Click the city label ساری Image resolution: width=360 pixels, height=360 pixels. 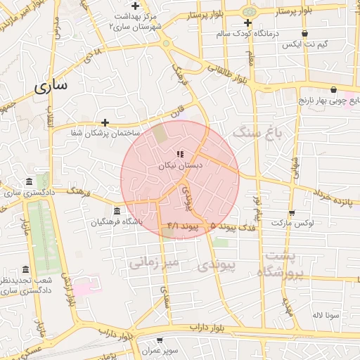coord(51,86)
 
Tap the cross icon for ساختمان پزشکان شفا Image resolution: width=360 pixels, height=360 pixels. coord(105,122)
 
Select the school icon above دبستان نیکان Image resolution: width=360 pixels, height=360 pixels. coord(180,154)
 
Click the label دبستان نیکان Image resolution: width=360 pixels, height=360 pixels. coord(179,165)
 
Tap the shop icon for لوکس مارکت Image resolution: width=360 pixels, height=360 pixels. coord(292,213)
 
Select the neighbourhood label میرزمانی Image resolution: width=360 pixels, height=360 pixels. coord(155,262)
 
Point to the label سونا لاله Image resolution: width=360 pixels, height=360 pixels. coord(327,315)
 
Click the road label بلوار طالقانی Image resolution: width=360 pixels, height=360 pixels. coord(228,73)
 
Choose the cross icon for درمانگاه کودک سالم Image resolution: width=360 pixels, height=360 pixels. coord(247,22)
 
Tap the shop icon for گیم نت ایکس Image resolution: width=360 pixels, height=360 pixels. coord(304,33)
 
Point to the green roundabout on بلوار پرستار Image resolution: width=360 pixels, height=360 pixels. coord(247,12)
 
